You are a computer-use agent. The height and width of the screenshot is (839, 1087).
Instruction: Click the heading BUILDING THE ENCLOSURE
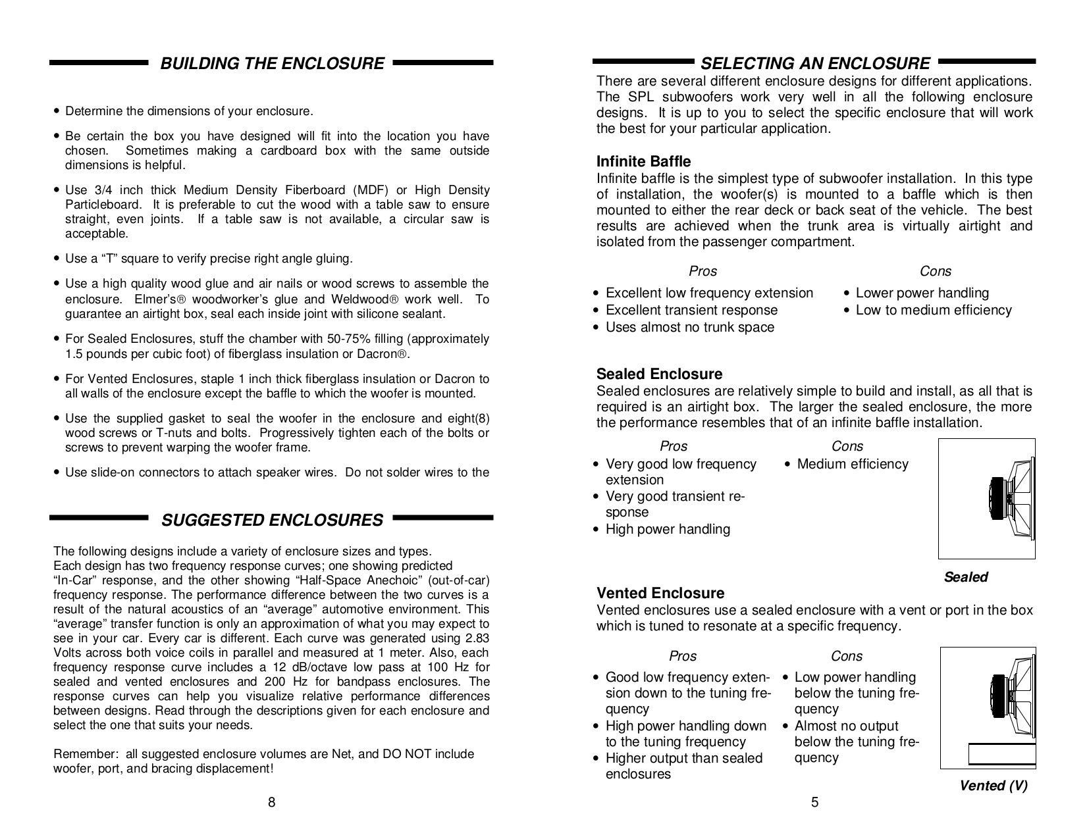point(272,64)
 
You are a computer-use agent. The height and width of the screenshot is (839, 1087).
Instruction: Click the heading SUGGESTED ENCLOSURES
point(272,521)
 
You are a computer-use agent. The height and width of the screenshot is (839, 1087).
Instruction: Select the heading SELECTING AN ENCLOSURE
point(814,64)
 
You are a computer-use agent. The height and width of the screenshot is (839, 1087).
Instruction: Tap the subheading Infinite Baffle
point(643,162)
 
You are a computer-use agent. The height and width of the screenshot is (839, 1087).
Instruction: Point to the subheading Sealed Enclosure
point(659,374)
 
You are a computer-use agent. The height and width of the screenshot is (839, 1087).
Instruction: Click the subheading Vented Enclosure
point(660,594)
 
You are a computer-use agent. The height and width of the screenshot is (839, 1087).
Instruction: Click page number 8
point(271,802)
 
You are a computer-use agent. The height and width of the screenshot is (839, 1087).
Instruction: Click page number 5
point(814,802)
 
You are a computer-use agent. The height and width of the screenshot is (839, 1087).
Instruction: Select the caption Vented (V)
point(993,786)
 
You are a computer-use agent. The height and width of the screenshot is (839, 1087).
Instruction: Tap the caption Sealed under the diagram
point(966,577)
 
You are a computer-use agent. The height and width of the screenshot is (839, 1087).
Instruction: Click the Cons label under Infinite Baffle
point(935,272)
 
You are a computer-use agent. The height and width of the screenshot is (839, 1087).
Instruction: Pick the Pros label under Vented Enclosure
point(682,657)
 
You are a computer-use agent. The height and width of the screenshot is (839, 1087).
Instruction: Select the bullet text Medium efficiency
point(852,465)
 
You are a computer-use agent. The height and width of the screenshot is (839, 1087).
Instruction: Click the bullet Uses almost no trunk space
point(689,328)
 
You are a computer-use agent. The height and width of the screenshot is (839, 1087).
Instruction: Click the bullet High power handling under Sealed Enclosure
point(667,530)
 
